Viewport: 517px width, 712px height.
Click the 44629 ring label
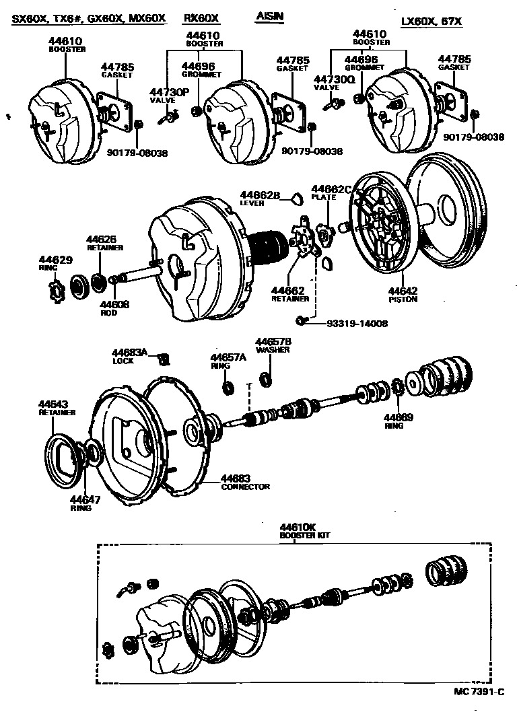[53, 259]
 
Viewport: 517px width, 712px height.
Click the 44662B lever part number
[260, 195]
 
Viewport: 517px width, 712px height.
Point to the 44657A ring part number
[228, 358]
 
